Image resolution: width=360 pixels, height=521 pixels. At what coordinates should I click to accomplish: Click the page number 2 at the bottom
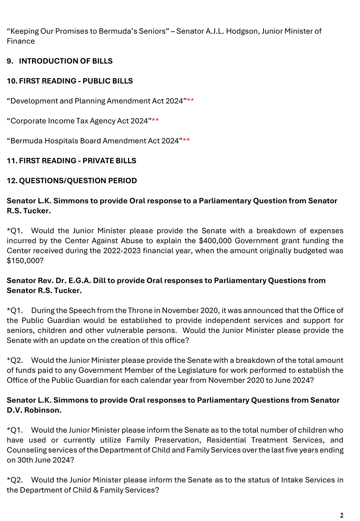click(341, 516)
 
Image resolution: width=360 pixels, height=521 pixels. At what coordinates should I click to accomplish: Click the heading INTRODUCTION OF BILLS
click(66, 61)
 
